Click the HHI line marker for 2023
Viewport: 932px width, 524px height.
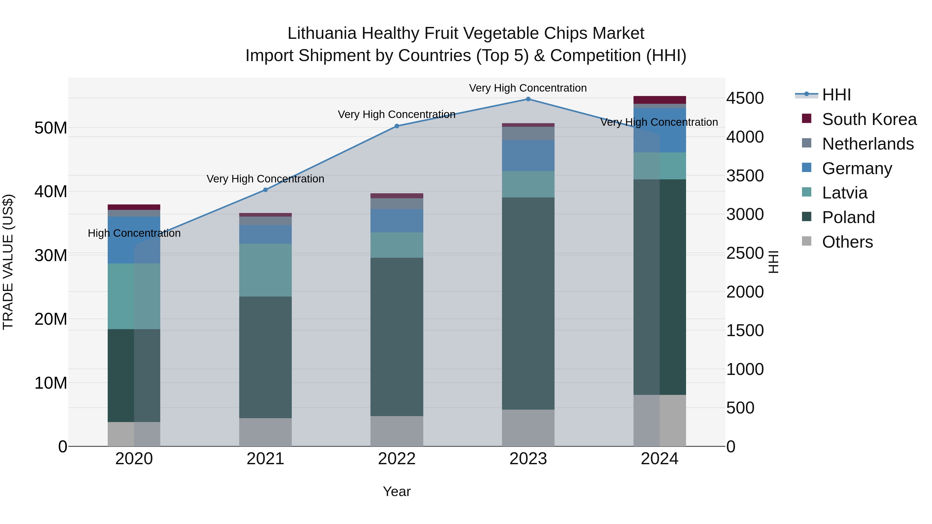coord(528,99)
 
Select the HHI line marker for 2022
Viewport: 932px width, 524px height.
coord(397,126)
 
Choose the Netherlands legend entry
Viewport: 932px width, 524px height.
coord(868,144)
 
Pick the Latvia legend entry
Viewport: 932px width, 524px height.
coord(844,193)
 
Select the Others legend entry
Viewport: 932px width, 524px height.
coord(847,242)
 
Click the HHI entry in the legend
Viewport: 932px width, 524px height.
coord(836,95)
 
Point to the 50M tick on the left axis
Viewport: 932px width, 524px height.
coord(51,128)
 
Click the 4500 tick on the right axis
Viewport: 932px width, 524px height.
coord(745,98)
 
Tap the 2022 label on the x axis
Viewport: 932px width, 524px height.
coord(397,459)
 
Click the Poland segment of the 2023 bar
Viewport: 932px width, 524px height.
coord(528,304)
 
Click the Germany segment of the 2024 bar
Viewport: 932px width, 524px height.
coord(660,130)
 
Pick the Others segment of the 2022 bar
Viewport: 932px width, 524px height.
coord(397,431)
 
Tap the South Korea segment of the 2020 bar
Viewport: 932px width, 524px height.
coord(134,207)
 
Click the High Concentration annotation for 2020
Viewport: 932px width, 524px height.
coord(134,233)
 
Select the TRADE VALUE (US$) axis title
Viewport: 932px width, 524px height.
coord(8,262)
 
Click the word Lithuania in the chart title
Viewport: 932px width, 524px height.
coord(322,34)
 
